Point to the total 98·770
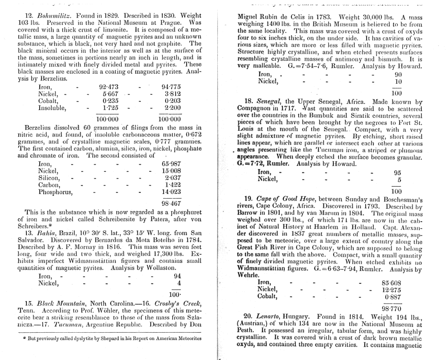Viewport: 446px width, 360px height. coord(395,309)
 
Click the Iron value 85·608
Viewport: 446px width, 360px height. coord(395,282)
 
